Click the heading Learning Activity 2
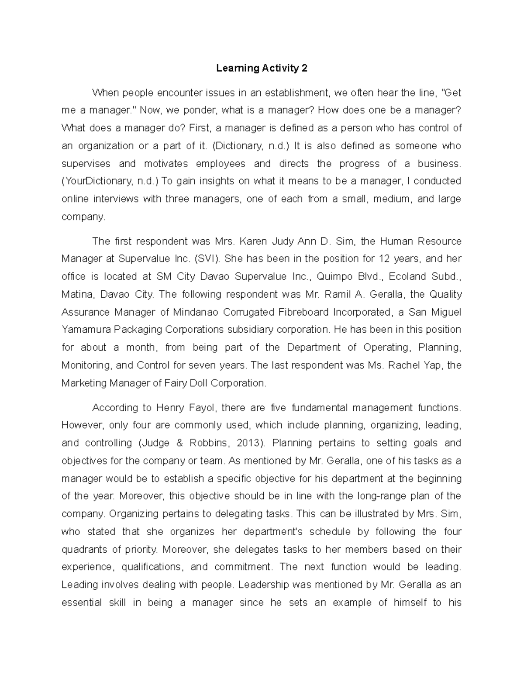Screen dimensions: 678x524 pyautogui.click(x=262, y=68)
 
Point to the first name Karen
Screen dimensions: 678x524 pyautogui.click(x=254, y=241)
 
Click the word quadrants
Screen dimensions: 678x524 pyautogui.click(x=83, y=550)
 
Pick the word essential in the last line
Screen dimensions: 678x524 pyautogui.click(x=82, y=603)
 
